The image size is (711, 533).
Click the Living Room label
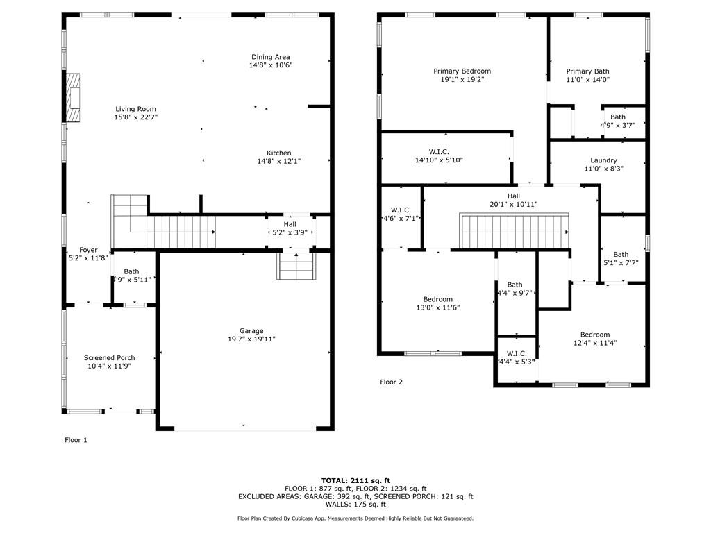[x=135, y=109]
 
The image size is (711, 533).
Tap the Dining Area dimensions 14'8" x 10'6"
[x=271, y=65]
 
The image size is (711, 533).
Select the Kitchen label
[x=279, y=153]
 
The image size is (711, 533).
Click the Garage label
[x=251, y=331]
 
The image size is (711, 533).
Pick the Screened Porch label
[x=109, y=357]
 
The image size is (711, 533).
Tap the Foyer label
[x=88, y=250]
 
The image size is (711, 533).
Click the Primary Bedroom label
[x=462, y=71]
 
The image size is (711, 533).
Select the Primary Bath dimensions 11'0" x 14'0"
[x=587, y=79]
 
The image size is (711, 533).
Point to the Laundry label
[x=603, y=160]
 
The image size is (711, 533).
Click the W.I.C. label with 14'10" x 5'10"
[x=439, y=152]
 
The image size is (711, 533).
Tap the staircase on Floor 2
[x=515, y=231]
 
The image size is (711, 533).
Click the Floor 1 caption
[x=76, y=440]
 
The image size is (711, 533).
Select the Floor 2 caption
[x=392, y=382]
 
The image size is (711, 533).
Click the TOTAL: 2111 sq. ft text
[x=355, y=480]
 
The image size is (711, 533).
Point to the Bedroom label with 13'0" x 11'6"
[x=438, y=299]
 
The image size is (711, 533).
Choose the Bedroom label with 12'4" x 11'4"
[x=595, y=335]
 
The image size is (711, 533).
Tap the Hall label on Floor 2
[x=514, y=196]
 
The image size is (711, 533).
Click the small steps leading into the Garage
[x=296, y=266]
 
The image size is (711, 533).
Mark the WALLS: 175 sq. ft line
[x=355, y=505]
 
